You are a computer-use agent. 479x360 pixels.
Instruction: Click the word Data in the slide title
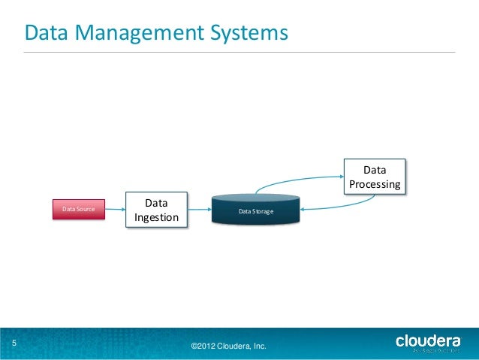click(47, 33)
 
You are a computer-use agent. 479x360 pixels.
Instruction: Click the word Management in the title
click(139, 33)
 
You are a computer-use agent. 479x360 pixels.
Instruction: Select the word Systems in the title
click(249, 33)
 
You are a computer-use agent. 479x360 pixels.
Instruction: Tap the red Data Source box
click(78, 209)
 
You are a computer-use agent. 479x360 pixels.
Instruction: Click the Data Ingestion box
click(156, 210)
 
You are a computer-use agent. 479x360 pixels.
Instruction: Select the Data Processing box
click(375, 177)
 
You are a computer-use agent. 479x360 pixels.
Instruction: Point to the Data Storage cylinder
click(255, 210)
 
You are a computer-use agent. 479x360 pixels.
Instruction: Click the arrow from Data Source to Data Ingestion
click(115, 209)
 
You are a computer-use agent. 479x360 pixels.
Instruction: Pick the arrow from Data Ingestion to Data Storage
click(199, 210)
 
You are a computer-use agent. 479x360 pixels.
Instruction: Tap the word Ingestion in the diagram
click(156, 218)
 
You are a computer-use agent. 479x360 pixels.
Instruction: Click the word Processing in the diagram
click(375, 184)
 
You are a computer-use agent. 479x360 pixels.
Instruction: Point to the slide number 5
click(14, 344)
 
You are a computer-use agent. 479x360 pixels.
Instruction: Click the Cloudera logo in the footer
click(428, 343)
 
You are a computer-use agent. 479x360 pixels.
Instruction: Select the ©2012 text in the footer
click(203, 346)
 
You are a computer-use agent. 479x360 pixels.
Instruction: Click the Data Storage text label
click(255, 213)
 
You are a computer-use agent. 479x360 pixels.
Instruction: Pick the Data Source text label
click(78, 209)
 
